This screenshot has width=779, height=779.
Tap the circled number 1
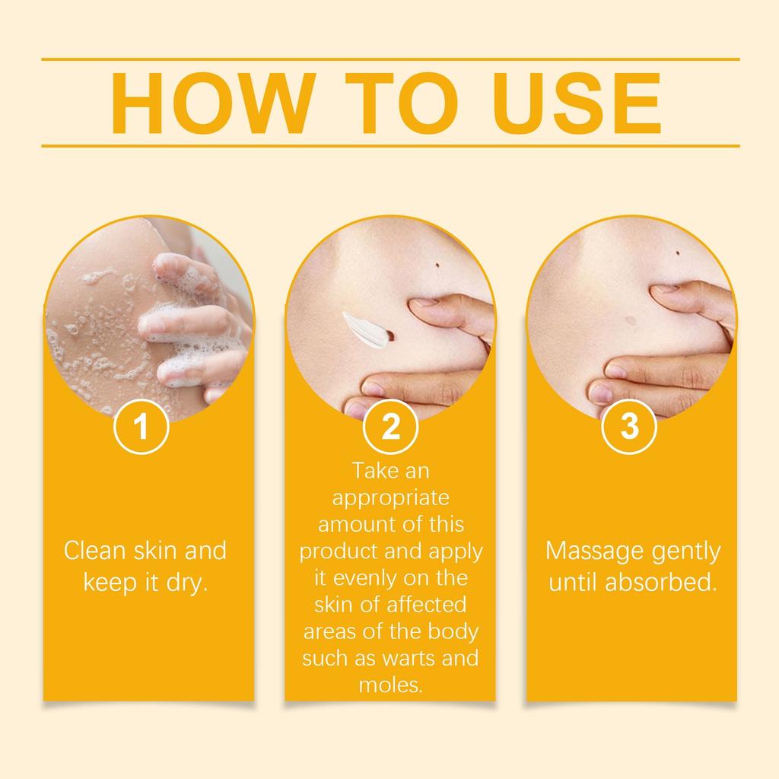[x=141, y=428]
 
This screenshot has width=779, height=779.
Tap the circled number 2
[x=390, y=428]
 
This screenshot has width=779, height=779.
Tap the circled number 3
[x=630, y=428]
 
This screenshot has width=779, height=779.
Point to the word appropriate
[x=390, y=499]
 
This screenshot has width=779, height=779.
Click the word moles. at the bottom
[x=390, y=685]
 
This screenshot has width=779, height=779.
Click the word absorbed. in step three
[x=661, y=583]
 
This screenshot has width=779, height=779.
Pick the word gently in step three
[x=688, y=551]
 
